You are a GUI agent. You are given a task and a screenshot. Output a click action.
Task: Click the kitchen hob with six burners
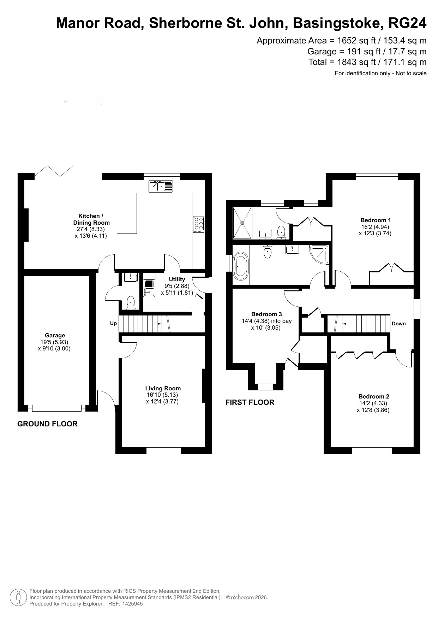click(199, 224)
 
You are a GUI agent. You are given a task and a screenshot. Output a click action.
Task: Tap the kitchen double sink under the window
click(161, 186)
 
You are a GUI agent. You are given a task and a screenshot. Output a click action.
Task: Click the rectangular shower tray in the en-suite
click(242, 223)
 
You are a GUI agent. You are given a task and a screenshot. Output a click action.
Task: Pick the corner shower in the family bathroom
click(319, 254)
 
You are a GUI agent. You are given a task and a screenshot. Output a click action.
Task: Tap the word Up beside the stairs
click(113, 323)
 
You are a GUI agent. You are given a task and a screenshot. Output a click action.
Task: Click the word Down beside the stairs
click(399, 324)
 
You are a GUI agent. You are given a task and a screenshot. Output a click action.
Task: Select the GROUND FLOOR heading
click(47, 424)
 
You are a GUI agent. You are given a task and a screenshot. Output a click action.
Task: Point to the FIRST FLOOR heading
click(250, 402)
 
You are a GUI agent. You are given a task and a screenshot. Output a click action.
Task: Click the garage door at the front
click(56, 408)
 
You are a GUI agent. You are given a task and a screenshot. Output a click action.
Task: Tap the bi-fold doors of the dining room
click(54, 171)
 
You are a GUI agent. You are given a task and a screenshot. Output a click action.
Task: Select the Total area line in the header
click(367, 62)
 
